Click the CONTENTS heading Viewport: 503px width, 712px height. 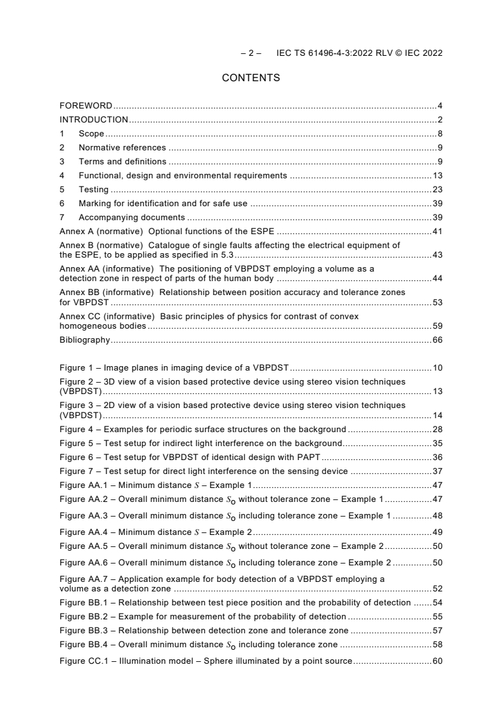(x=251, y=78)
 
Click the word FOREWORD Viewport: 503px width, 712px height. (x=86, y=105)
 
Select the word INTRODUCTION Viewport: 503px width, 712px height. (x=94, y=119)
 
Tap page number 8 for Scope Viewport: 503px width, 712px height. (x=440, y=133)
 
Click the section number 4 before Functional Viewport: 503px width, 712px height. (x=62, y=175)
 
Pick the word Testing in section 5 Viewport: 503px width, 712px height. (x=93, y=189)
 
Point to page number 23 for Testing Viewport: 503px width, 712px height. (x=437, y=189)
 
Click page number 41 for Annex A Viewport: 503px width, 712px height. (x=437, y=231)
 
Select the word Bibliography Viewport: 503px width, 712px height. (x=84, y=340)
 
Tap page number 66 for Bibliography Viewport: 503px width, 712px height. (x=437, y=340)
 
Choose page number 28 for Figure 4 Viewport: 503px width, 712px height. (x=437, y=430)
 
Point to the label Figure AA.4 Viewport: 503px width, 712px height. (x=85, y=531)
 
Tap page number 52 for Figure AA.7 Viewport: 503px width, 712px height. (x=437, y=588)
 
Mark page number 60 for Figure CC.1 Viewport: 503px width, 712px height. (x=437, y=661)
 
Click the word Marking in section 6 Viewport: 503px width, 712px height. (x=95, y=203)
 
